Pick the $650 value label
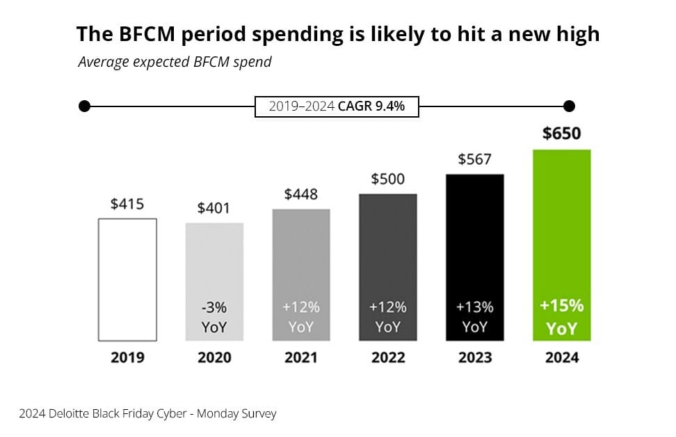561,134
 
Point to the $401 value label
214,208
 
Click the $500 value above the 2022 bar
388,179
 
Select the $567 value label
474,159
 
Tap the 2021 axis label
301,358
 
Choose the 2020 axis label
214,358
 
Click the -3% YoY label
214,317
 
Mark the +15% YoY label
561,317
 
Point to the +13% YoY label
474,317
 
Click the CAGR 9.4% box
337,107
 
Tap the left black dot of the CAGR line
84,106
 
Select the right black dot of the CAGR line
569,106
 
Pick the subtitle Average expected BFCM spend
175,62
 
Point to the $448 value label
301,194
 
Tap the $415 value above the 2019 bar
127,205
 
